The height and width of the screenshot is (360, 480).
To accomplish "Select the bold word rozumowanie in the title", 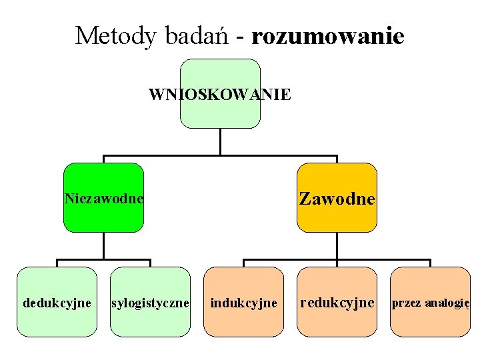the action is (x=327, y=36).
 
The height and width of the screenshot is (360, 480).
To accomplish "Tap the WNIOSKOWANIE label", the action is (x=219, y=95).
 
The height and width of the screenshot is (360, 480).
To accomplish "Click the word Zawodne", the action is (x=337, y=199).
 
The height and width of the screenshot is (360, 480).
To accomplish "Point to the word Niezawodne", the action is (x=103, y=199).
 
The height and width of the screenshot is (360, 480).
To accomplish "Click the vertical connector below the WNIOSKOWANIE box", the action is (x=220, y=141).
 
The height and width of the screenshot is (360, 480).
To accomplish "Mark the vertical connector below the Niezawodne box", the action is (x=103, y=245).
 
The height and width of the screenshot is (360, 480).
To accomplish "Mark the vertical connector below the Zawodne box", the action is (x=337, y=245).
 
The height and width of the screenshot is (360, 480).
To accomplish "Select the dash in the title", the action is (x=237, y=37).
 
